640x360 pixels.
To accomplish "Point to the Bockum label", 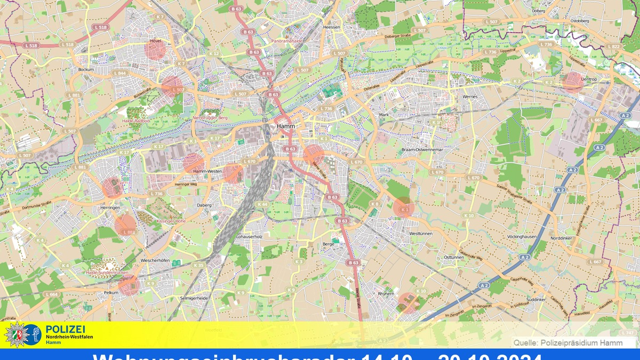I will pos(86,69).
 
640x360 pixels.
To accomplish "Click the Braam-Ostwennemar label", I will pos(423,150).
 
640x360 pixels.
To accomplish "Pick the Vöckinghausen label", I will pos(522,235).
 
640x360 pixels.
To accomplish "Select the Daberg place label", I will pos(204,205).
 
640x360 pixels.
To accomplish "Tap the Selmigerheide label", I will pos(194,298).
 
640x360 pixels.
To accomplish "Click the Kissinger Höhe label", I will pos(171,220).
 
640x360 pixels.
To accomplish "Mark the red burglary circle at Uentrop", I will pos(572,82).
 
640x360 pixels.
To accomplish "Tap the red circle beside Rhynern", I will pos(409,302).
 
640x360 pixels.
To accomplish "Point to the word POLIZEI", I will pos(66,330).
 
